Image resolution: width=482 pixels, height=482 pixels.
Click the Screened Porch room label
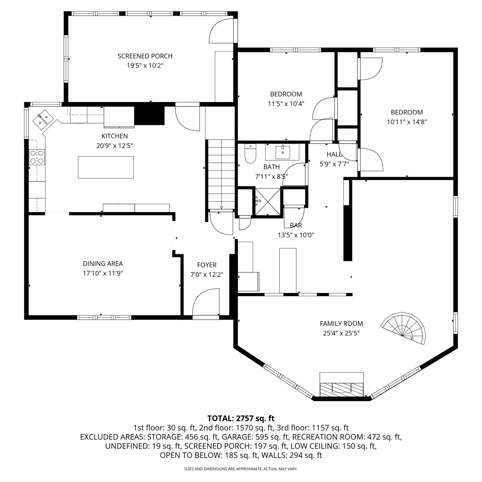pos(145,56)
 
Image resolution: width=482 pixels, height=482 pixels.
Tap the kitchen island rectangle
pos(106,167)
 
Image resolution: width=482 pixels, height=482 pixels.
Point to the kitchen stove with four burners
pos(37,157)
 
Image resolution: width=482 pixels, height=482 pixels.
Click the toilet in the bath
pos(250,154)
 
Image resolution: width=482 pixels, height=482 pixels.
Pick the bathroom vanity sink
pos(283,152)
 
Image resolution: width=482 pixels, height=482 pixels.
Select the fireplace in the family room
pos(342,385)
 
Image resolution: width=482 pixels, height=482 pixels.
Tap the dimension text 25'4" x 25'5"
pos(341,333)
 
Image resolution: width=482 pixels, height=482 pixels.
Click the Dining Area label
pos(103,263)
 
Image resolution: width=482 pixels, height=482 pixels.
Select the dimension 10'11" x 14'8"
pos(407,122)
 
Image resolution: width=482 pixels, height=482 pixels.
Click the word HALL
pos(334,155)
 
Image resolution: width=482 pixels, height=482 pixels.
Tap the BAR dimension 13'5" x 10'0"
pos(296,235)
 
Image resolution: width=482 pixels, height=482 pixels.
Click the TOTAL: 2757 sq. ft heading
pos(241,418)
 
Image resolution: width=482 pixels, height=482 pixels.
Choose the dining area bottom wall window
pos(104,317)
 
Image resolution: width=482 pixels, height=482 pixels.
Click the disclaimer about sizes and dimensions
pos(241,469)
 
